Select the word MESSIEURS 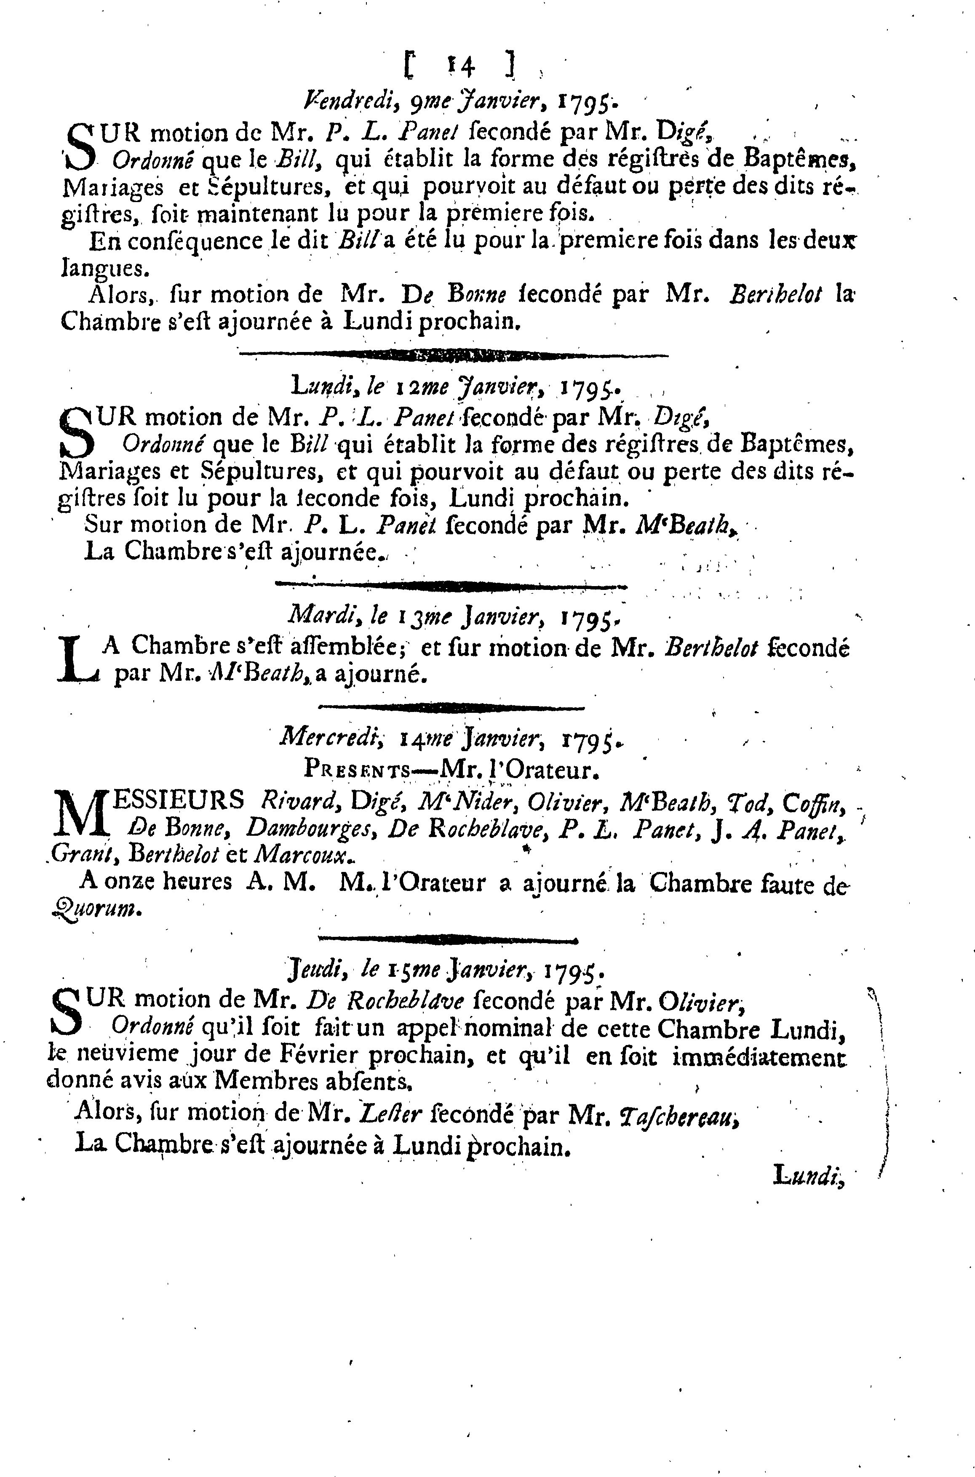coord(174,801)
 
